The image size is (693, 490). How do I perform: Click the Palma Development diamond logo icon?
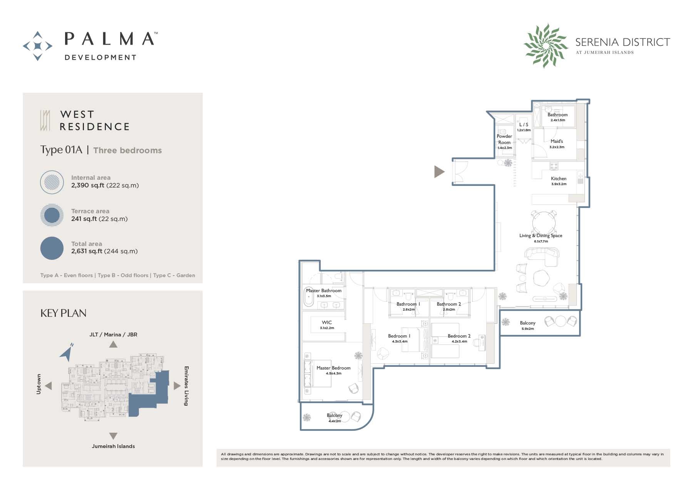tap(38, 46)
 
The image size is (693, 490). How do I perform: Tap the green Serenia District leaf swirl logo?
tap(546, 46)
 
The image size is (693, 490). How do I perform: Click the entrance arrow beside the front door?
tap(439, 172)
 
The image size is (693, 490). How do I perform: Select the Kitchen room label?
tap(558, 179)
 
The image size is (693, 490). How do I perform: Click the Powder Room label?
tap(504, 139)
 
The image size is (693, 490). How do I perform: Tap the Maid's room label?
tap(557, 141)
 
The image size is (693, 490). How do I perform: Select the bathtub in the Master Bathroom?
tap(309, 297)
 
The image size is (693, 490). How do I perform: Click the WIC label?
tap(326, 323)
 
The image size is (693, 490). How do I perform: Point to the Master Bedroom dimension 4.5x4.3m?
tap(333, 373)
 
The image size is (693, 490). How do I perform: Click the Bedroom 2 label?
tap(459, 336)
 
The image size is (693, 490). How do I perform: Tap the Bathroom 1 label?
tap(408, 304)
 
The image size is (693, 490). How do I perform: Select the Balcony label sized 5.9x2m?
tap(527, 323)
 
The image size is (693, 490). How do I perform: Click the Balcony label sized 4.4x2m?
tap(334, 415)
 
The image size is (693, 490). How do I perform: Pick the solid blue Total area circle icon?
tap(52, 248)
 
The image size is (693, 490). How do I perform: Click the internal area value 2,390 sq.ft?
tap(88, 185)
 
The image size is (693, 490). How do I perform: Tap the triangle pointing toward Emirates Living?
tap(177, 386)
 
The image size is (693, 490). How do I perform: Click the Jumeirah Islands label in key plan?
tap(113, 446)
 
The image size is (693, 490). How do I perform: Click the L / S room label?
tap(524, 125)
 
